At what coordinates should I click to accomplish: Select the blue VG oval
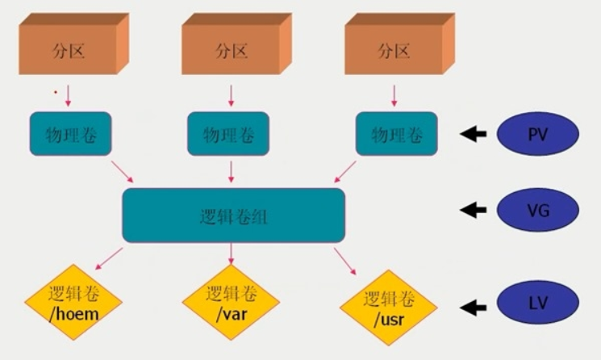[x=538, y=211]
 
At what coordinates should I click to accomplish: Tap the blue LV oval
[x=538, y=306]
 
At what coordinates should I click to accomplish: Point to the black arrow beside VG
[x=474, y=211]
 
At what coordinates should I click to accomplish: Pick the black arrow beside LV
[x=474, y=307]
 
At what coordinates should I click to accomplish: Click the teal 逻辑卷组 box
[x=234, y=215]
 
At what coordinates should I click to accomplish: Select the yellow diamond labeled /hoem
[x=73, y=302]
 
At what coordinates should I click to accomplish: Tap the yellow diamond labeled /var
[x=232, y=303]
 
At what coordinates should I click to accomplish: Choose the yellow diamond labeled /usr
[x=389, y=308]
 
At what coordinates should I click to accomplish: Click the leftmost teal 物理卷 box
[x=71, y=133]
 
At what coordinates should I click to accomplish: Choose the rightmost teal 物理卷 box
[x=396, y=134]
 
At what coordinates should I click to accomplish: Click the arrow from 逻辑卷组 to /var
[x=232, y=253]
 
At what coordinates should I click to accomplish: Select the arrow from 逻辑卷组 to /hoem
[x=111, y=259]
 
